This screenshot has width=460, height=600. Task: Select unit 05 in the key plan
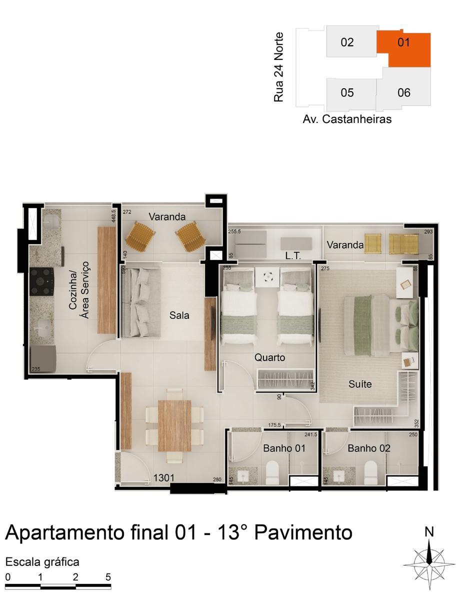tap(347, 93)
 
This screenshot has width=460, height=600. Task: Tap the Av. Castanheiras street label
tap(347, 119)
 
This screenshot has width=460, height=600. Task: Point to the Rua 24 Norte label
tap(279, 67)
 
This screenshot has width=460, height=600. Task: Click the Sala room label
tap(179, 315)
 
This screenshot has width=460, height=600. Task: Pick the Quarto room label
tap(269, 357)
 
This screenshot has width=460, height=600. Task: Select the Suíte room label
tap(360, 384)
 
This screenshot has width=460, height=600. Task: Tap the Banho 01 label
tap(284, 448)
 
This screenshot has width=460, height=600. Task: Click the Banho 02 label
tap(369, 448)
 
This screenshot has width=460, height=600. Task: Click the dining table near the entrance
tap(174, 425)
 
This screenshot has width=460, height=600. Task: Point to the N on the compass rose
tap(429, 532)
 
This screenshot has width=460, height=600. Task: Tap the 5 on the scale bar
tap(108, 576)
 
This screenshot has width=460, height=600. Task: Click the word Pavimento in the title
tap(303, 532)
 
